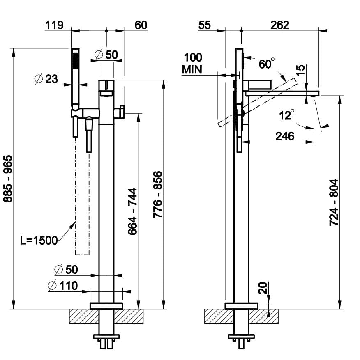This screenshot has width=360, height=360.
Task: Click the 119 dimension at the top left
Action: [54, 25]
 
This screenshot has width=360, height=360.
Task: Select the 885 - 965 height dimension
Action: [7, 178]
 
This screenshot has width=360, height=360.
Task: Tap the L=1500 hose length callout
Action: [39, 241]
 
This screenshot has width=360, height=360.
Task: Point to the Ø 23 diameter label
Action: [46, 79]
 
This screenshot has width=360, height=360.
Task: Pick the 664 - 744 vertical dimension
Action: [132, 211]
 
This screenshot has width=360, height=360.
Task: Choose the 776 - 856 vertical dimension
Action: [158, 195]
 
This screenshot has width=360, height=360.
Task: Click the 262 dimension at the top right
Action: [280, 25]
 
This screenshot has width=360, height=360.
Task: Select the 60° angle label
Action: [266, 64]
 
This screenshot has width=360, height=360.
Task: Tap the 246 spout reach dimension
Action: [285, 136]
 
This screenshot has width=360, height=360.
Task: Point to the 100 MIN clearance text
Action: [192, 63]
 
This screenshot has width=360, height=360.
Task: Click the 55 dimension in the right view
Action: [204, 25]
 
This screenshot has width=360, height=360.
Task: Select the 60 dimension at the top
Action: [141, 25]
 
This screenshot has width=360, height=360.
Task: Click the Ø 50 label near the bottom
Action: [66, 269]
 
